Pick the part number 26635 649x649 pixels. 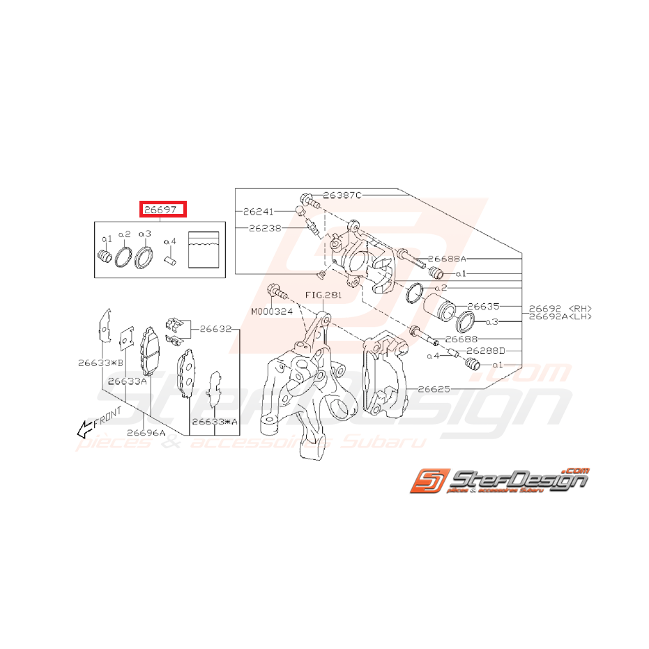tap(484, 306)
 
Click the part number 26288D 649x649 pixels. tap(485, 351)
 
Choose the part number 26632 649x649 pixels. tap(215, 328)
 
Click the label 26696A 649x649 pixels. tap(146, 432)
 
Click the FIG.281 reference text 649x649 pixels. tap(323, 296)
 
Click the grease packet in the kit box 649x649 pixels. tap(204, 249)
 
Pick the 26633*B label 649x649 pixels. tap(100, 362)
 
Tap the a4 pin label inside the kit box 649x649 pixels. tap(170, 242)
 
